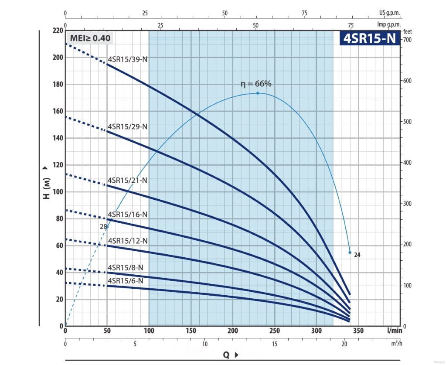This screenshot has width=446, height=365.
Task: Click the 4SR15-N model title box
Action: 370,38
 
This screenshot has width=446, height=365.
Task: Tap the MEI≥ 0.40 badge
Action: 90,38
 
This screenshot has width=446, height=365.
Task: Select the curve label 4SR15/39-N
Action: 128,59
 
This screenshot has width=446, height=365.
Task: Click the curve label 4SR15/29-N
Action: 128,126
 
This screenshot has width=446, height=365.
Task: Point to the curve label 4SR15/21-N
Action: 128,180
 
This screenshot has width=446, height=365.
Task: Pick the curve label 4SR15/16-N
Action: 128,214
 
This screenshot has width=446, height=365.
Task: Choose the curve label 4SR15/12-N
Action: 128,241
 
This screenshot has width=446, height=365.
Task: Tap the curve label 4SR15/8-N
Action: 126,267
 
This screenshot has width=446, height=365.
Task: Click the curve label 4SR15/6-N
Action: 126,281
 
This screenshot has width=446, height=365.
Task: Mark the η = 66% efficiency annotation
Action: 256,84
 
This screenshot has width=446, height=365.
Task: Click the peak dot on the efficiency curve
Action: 258,93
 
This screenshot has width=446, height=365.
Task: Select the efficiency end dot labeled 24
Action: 350,252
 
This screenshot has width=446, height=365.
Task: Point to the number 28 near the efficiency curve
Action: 103,226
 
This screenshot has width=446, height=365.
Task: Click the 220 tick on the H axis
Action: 58,31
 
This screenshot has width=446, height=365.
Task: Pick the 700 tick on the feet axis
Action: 407,40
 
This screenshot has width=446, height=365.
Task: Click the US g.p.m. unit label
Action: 389,14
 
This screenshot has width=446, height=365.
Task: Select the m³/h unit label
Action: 396,344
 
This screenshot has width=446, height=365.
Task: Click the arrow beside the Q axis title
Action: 236,355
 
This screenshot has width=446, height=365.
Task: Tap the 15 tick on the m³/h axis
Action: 275,344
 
